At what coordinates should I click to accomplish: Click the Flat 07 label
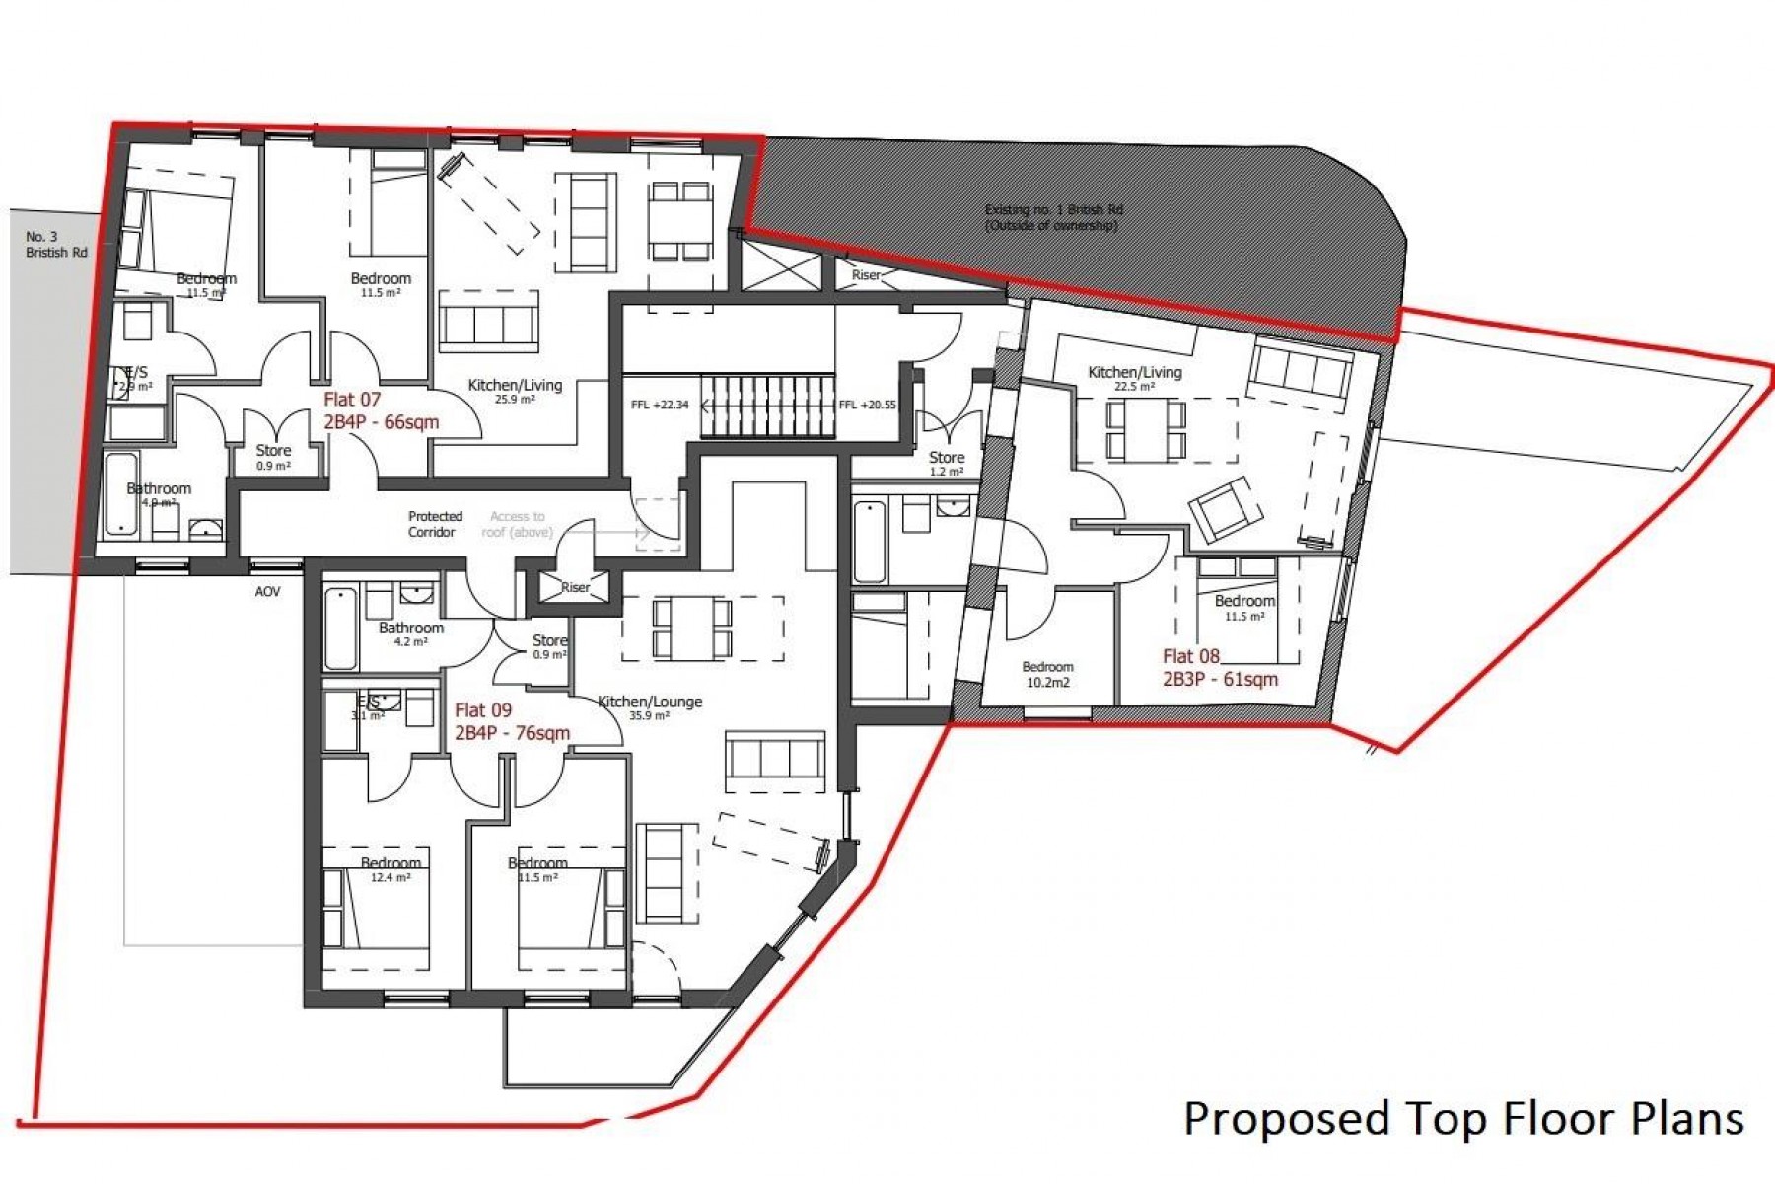(x=381, y=410)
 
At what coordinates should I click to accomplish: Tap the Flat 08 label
(x=1219, y=667)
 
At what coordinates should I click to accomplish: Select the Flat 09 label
(x=511, y=721)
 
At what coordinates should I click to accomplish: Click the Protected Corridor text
(x=434, y=524)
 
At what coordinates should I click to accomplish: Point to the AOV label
(x=267, y=592)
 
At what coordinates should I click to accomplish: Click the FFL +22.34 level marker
(x=660, y=405)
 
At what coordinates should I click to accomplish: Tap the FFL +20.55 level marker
(x=867, y=405)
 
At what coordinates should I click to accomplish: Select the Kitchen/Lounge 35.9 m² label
(x=650, y=707)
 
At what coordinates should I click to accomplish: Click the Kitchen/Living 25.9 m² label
(x=515, y=391)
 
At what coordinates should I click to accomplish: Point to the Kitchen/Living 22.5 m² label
(x=1134, y=378)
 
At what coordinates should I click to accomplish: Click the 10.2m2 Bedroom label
(x=1047, y=674)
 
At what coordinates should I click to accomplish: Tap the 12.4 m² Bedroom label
(x=390, y=869)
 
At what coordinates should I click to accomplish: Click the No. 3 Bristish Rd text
(x=56, y=244)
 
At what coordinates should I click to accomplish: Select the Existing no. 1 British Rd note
(x=1053, y=217)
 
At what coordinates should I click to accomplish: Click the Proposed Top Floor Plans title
(x=1463, y=1118)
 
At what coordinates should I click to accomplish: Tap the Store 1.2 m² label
(x=946, y=463)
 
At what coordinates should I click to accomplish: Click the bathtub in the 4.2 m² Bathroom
(x=340, y=628)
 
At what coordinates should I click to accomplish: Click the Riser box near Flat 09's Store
(x=574, y=586)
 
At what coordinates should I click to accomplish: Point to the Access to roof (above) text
(x=517, y=524)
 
